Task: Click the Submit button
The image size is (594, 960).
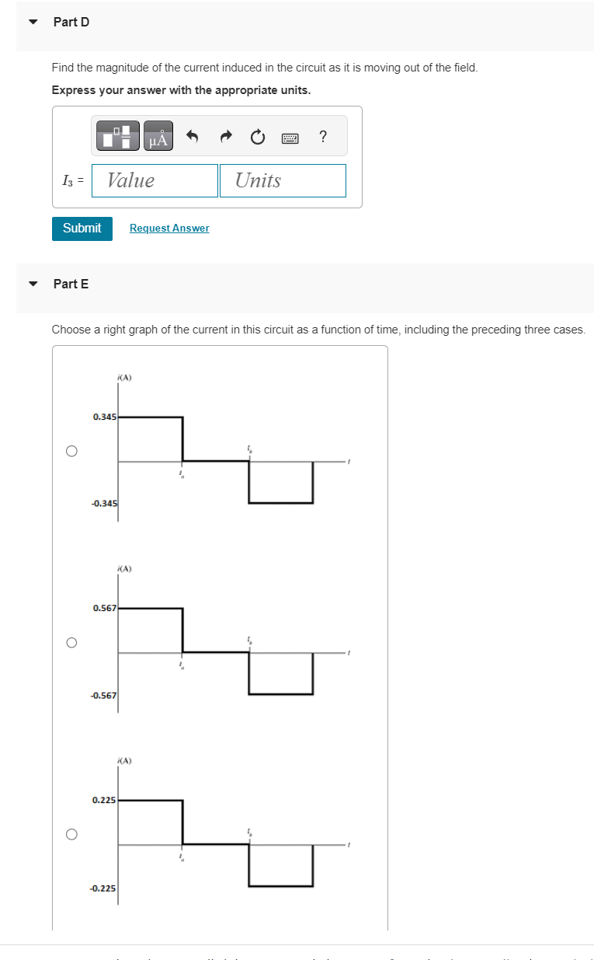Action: coord(82,229)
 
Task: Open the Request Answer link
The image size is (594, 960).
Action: coord(169,229)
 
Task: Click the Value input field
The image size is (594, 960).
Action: coord(155,180)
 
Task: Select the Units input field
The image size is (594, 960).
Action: coord(283,180)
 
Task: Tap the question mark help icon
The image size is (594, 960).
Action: coord(323,138)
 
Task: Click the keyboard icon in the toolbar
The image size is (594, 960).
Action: coord(290,138)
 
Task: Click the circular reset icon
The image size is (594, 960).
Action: coord(258,138)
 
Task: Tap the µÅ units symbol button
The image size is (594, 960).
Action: coord(158,138)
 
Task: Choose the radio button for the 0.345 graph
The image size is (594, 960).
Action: coord(71,451)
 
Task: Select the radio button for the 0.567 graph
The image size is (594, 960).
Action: coord(71,643)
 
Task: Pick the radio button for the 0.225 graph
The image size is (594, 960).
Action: coord(71,834)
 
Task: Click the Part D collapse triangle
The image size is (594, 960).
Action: coord(33,22)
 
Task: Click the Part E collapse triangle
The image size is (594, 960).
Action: coord(33,284)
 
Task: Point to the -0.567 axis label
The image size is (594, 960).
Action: coord(103,696)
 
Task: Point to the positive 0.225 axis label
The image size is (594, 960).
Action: coord(103,800)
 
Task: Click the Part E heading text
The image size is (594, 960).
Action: coord(71,284)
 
